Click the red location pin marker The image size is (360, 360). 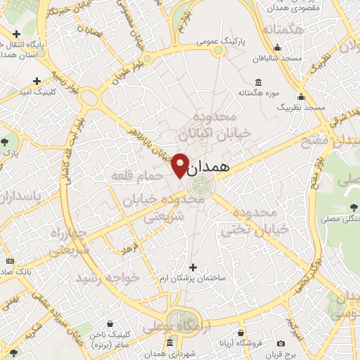[180, 165]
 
